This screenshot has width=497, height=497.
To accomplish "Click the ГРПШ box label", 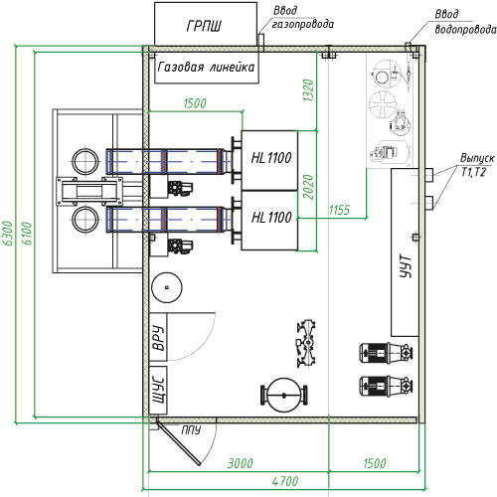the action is pyautogui.click(x=204, y=26).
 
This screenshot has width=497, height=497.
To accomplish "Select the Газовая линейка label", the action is pyautogui.click(x=206, y=67).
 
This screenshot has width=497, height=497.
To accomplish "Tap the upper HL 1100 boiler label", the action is pyautogui.click(x=271, y=158).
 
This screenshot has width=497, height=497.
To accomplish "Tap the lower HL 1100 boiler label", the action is pyautogui.click(x=271, y=218).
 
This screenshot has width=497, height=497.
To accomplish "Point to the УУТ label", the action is pyautogui.click(x=406, y=266).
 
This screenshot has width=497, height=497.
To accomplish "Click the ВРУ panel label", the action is pyautogui.click(x=159, y=338).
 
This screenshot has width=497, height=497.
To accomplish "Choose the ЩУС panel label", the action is pyautogui.click(x=158, y=390).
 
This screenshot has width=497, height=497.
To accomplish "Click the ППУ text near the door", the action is pyautogui.click(x=191, y=430).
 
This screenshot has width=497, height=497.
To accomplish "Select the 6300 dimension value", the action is pyautogui.click(x=8, y=234).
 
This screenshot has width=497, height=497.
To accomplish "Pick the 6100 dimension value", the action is pyautogui.click(x=27, y=234).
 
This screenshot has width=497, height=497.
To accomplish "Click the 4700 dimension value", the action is pyautogui.click(x=285, y=481).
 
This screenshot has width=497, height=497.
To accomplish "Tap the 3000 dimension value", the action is pyautogui.click(x=241, y=463).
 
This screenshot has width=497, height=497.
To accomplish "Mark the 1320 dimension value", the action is pyautogui.click(x=308, y=90).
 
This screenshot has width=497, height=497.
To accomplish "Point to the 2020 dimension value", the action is pyautogui.click(x=308, y=187).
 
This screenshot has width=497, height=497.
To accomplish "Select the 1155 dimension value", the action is pyautogui.click(x=339, y=210).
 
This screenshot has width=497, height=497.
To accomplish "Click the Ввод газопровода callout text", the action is pyautogui.click(x=302, y=18).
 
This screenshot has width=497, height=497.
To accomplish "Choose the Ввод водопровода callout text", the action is pyautogui.click(x=465, y=22).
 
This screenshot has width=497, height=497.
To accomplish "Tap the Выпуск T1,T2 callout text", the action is pyautogui.click(x=477, y=165).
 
